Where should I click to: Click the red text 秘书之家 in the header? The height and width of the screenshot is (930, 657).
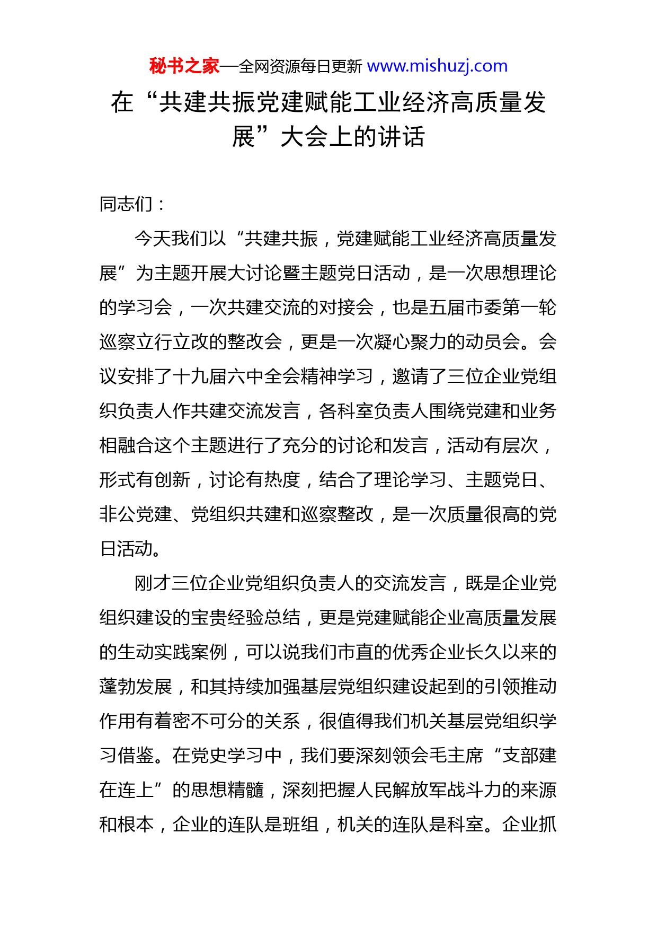point(184,66)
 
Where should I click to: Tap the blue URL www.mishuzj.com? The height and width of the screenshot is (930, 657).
point(437,66)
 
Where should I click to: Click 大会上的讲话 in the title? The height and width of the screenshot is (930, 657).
point(352,137)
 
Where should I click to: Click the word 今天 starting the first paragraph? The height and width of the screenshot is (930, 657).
point(153,239)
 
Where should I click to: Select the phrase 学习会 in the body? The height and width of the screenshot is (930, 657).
point(145,308)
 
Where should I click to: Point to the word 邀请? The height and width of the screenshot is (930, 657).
point(411,376)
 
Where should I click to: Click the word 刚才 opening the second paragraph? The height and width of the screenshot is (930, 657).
point(153,583)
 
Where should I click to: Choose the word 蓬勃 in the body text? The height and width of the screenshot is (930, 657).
point(118,687)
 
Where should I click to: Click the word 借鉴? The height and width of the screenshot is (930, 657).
point(136,756)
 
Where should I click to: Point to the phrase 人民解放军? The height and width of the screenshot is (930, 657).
point(401,790)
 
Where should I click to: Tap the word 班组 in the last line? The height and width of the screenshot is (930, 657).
point(300,824)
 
